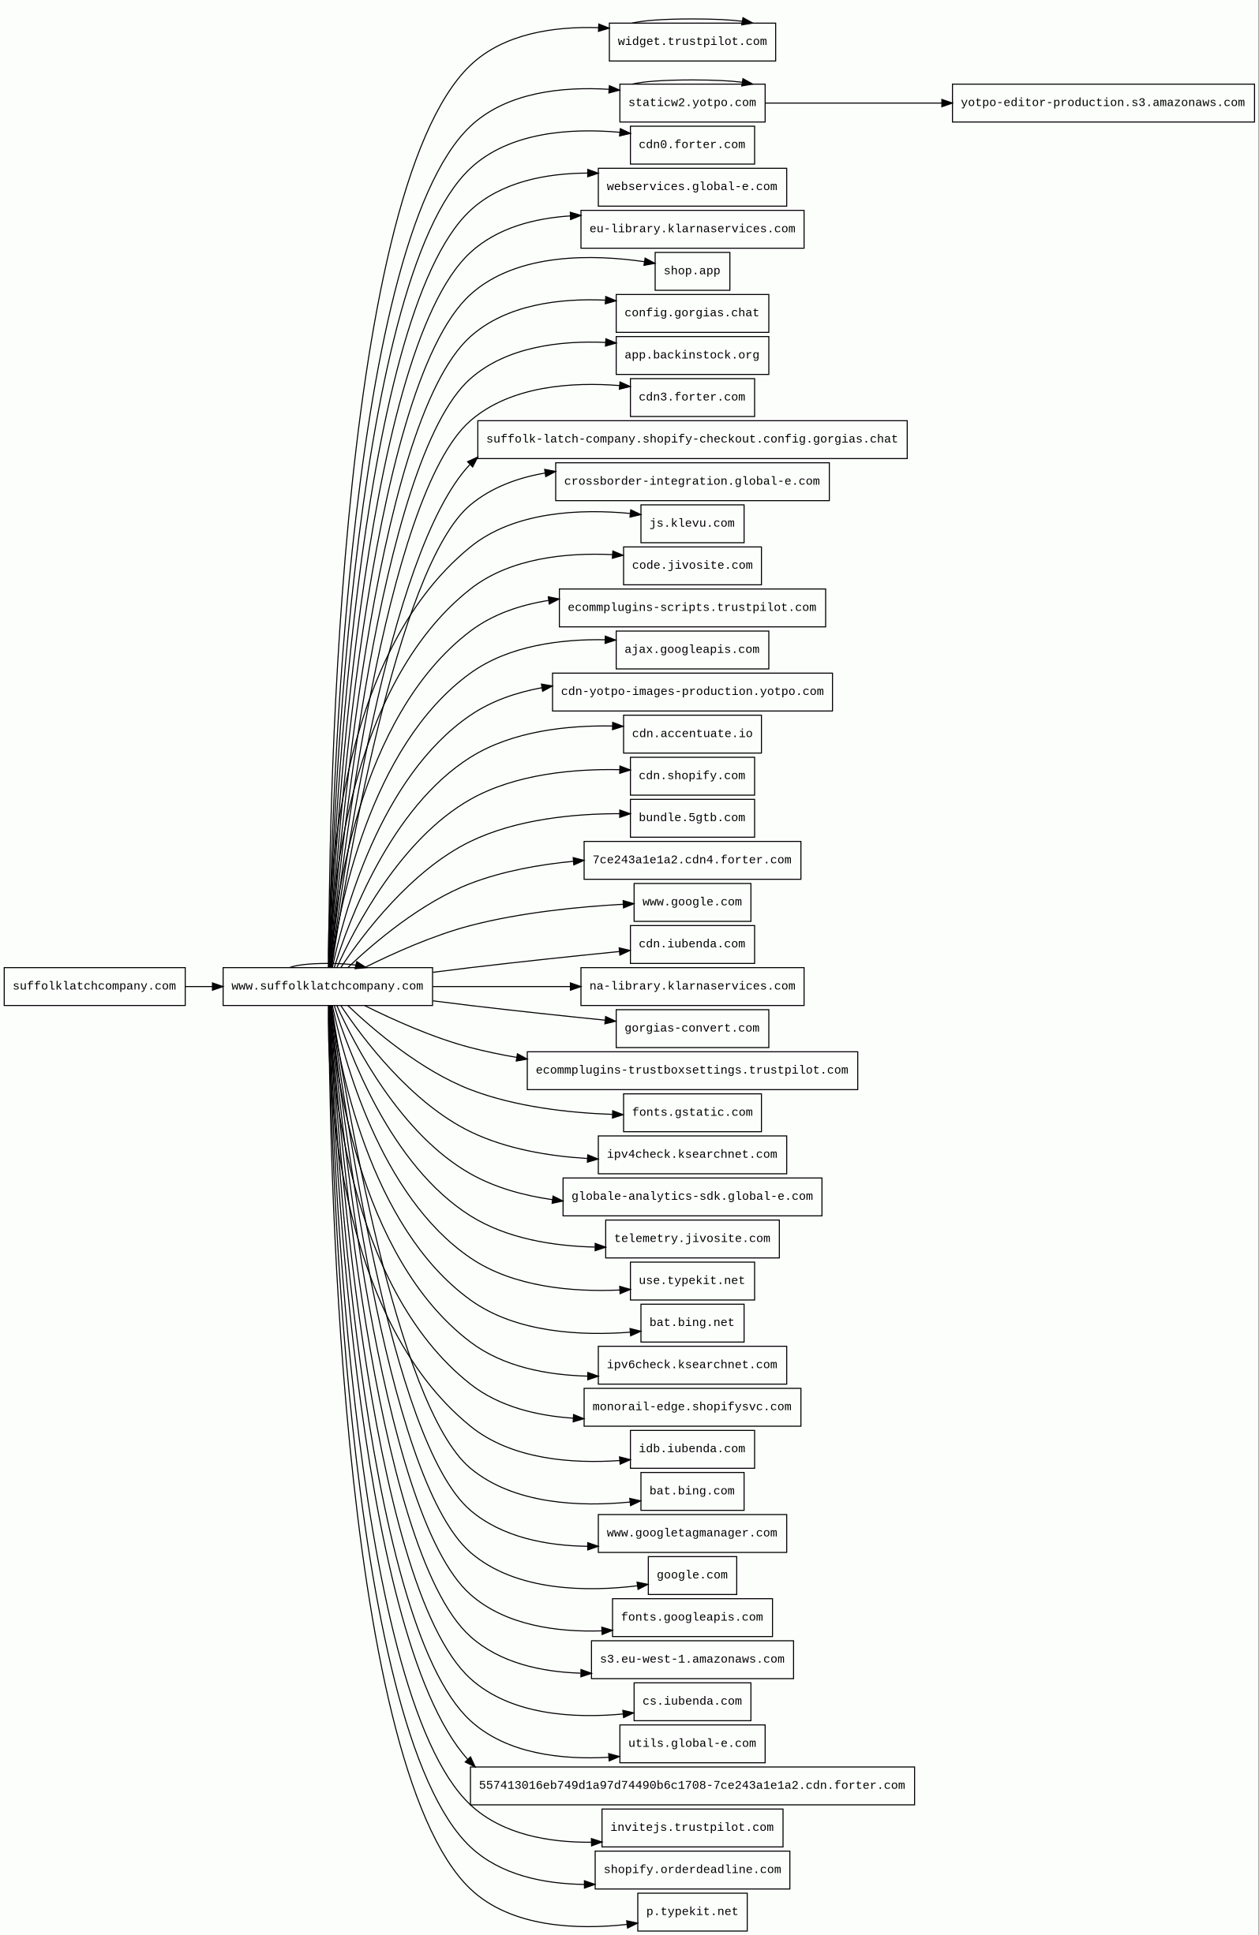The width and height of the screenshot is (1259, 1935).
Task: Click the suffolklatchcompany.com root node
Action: click(95, 986)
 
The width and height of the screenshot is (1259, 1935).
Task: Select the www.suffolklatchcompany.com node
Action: click(327, 986)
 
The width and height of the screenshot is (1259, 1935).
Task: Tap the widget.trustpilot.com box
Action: click(691, 42)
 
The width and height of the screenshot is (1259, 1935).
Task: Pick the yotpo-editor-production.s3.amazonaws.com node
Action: click(1102, 103)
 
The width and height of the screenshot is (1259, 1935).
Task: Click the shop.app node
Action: click(691, 271)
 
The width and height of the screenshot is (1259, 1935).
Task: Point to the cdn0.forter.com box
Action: click(691, 144)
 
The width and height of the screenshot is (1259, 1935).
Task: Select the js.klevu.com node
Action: click(691, 524)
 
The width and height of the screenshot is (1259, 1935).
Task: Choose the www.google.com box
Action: click(691, 902)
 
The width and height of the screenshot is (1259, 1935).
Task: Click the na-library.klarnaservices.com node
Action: click(691, 986)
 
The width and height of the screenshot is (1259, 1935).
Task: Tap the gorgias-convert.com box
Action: click(691, 1029)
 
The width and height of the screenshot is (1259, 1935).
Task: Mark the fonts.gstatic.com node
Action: click(691, 1112)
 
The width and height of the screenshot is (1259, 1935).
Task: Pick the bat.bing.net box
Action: click(691, 1323)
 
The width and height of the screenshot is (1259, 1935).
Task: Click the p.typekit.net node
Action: click(691, 1912)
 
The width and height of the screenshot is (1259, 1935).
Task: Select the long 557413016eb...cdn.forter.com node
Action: click(691, 1786)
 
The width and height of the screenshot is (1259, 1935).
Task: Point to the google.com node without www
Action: click(691, 1575)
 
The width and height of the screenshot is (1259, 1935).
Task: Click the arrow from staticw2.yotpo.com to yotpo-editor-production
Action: click(858, 103)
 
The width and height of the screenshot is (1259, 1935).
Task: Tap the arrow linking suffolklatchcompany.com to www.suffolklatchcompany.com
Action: click(204, 986)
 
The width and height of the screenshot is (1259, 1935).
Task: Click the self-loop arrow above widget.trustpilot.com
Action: click(691, 19)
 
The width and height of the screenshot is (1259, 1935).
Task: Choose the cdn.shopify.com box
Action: click(691, 776)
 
